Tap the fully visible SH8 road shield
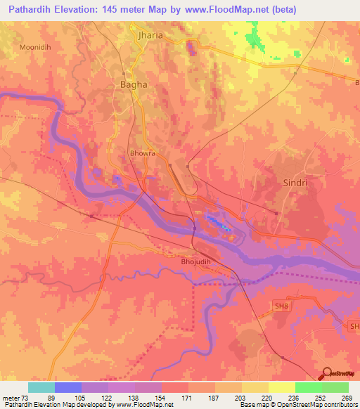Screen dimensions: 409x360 click(x=281, y=304)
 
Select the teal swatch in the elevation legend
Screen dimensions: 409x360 click(x=41, y=387)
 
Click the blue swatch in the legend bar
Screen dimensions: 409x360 click(x=68, y=387)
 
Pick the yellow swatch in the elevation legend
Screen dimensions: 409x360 click(x=282, y=387)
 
